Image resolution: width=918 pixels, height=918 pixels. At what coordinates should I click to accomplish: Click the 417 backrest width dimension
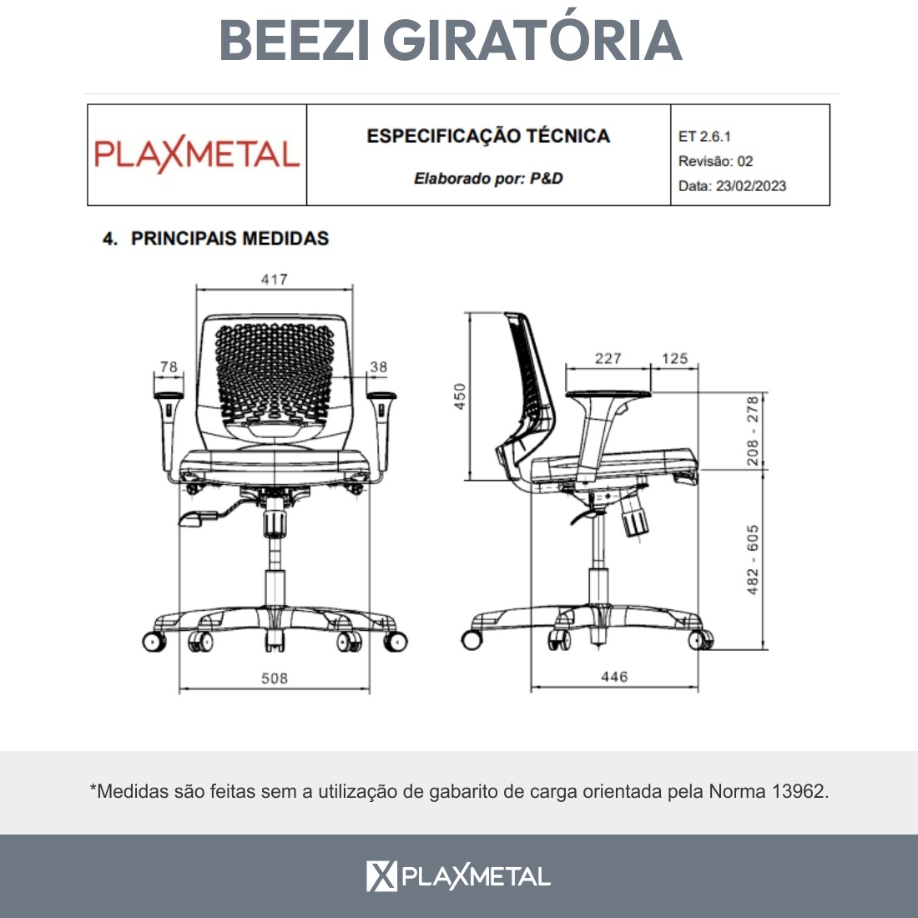(274, 280)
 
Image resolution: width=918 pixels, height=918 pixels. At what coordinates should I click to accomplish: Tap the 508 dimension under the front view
(274, 678)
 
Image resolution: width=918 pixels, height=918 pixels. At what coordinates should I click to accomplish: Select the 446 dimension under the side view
(614, 677)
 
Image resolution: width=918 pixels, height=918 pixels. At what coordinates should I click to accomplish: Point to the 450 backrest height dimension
(460, 396)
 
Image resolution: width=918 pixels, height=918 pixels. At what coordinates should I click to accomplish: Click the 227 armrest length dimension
(608, 358)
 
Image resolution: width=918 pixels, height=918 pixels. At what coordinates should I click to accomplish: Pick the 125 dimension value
(674, 358)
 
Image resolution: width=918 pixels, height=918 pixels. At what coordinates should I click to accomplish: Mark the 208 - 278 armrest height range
(752, 431)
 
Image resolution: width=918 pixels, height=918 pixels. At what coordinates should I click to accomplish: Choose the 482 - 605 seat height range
(752, 560)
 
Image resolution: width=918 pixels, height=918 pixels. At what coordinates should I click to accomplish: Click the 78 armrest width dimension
(169, 366)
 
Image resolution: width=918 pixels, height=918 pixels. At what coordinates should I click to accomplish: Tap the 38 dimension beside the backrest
(378, 366)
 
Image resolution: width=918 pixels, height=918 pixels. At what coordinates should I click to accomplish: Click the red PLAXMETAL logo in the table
(197, 154)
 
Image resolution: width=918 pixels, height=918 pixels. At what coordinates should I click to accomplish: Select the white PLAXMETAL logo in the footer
(458, 875)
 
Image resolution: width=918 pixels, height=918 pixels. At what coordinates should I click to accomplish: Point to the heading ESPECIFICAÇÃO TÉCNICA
(488, 136)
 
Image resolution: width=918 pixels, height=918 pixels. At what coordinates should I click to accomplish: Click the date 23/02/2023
(750, 186)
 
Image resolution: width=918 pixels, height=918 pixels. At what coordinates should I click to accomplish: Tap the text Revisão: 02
(715, 161)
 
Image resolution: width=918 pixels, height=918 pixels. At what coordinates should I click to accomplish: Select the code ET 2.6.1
(704, 136)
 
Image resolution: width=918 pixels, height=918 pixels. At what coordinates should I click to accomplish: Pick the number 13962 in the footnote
(799, 791)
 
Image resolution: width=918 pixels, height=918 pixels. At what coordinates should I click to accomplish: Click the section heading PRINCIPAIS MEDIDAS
(230, 239)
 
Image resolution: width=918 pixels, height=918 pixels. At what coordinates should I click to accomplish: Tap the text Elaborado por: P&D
(488, 178)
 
